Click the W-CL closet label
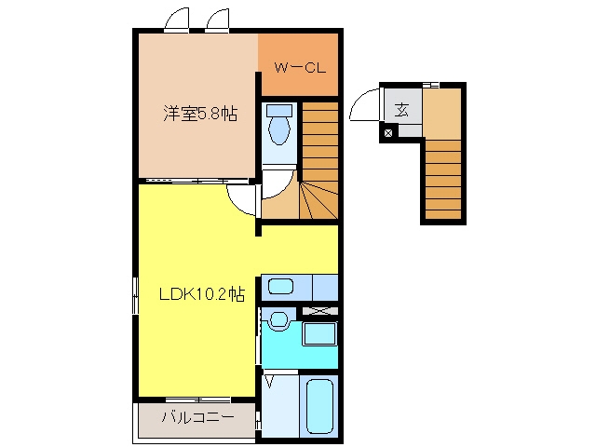click(x=300, y=68)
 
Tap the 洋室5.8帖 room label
click(x=200, y=113)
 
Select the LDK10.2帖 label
click(x=201, y=294)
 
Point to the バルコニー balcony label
click(x=197, y=418)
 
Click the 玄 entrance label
click(x=401, y=110)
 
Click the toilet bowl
click(x=279, y=130)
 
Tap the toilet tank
click(x=279, y=111)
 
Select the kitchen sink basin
click(x=280, y=286)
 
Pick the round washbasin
click(x=279, y=319)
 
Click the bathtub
click(x=319, y=406)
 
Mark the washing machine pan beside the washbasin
click(x=319, y=333)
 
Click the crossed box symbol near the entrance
click(x=388, y=133)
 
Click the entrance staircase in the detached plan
click(x=443, y=180)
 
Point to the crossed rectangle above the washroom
click(x=319, y=311)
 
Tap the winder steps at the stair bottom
click(x=318, y=200)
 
